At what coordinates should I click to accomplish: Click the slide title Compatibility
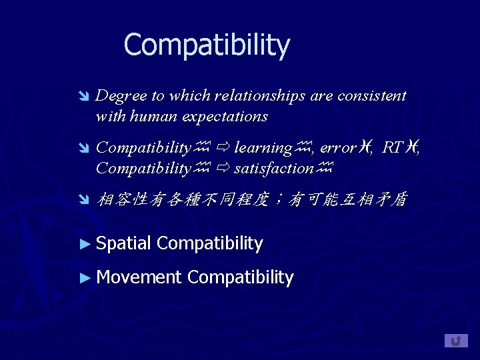tap(207, 45)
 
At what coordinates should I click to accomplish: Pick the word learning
tap(263, 148)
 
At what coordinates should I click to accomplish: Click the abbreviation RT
tap(393, 148)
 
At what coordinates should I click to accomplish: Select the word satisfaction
tap(273, 169)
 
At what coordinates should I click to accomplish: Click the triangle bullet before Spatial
tap(84, 244)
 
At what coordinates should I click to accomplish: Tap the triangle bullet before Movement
tap(84, 277)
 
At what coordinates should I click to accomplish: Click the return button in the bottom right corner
tap(456, 341)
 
